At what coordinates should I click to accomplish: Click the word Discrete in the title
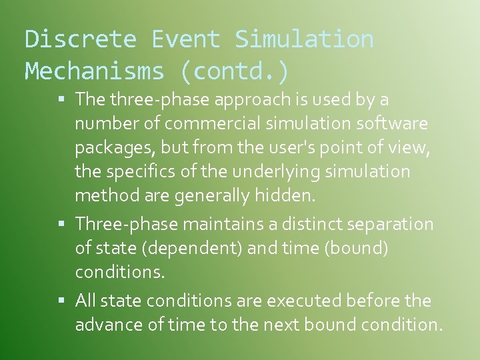coord(80,39)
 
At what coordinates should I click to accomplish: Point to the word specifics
coord(139,171)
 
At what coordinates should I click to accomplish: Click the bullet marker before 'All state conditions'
coord(61,301)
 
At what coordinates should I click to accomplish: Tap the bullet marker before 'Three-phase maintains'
coord(61,224)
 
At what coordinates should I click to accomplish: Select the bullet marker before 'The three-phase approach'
coord(61,100)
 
